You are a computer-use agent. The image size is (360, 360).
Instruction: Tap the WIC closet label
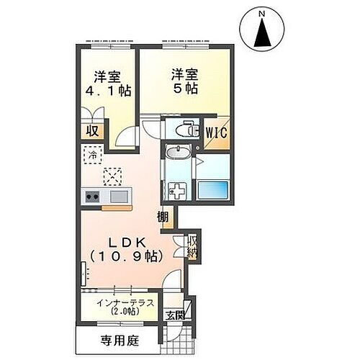[216, 132]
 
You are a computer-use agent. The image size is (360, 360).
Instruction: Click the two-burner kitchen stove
[93, 194]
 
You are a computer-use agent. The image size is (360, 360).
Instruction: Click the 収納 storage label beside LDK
[192, 246]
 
